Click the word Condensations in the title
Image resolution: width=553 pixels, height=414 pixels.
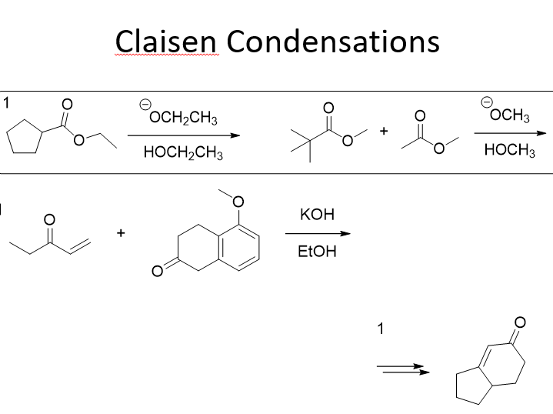(333, 41)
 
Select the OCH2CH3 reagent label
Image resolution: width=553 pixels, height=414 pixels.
(184, 118)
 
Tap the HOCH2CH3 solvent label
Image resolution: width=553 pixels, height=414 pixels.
(183, 152)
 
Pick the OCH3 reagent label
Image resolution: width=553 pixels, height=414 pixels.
(509, 117)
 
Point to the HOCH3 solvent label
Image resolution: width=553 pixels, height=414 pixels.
(509, 152)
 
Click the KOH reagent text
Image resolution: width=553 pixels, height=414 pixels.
(318, 215)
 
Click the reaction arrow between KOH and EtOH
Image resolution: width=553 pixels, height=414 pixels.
(318, 233)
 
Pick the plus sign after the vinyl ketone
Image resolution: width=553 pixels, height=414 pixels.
(121, 232)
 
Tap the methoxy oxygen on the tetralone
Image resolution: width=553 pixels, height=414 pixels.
(238, 202)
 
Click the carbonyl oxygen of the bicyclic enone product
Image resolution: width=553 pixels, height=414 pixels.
(519, 321)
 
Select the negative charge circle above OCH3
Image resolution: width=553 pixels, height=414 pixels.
(486, 102)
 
